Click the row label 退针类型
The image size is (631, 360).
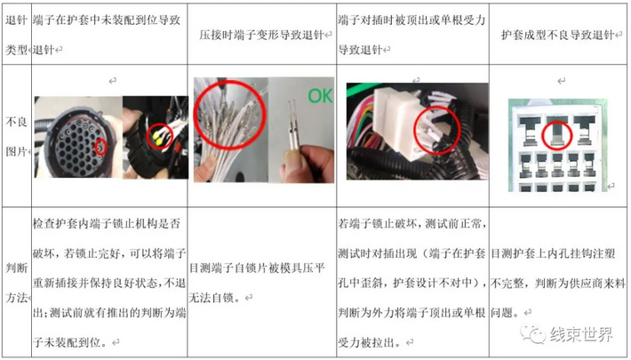pos(16,35)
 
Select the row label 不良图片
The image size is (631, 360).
pos(16,137)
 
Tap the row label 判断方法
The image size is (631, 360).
pos(16,283)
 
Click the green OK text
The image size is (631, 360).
pos(320,96)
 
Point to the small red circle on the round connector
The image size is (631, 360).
pos(100,147)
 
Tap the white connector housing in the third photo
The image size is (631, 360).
pos(398,121)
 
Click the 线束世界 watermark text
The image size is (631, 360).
pos(581,334)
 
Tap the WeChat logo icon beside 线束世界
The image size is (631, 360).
pos(533,333)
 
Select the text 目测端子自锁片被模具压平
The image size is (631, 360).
pos(257,268)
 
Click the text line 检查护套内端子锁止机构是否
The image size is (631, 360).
pos(107,224)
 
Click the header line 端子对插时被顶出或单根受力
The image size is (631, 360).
pos(411,20)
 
